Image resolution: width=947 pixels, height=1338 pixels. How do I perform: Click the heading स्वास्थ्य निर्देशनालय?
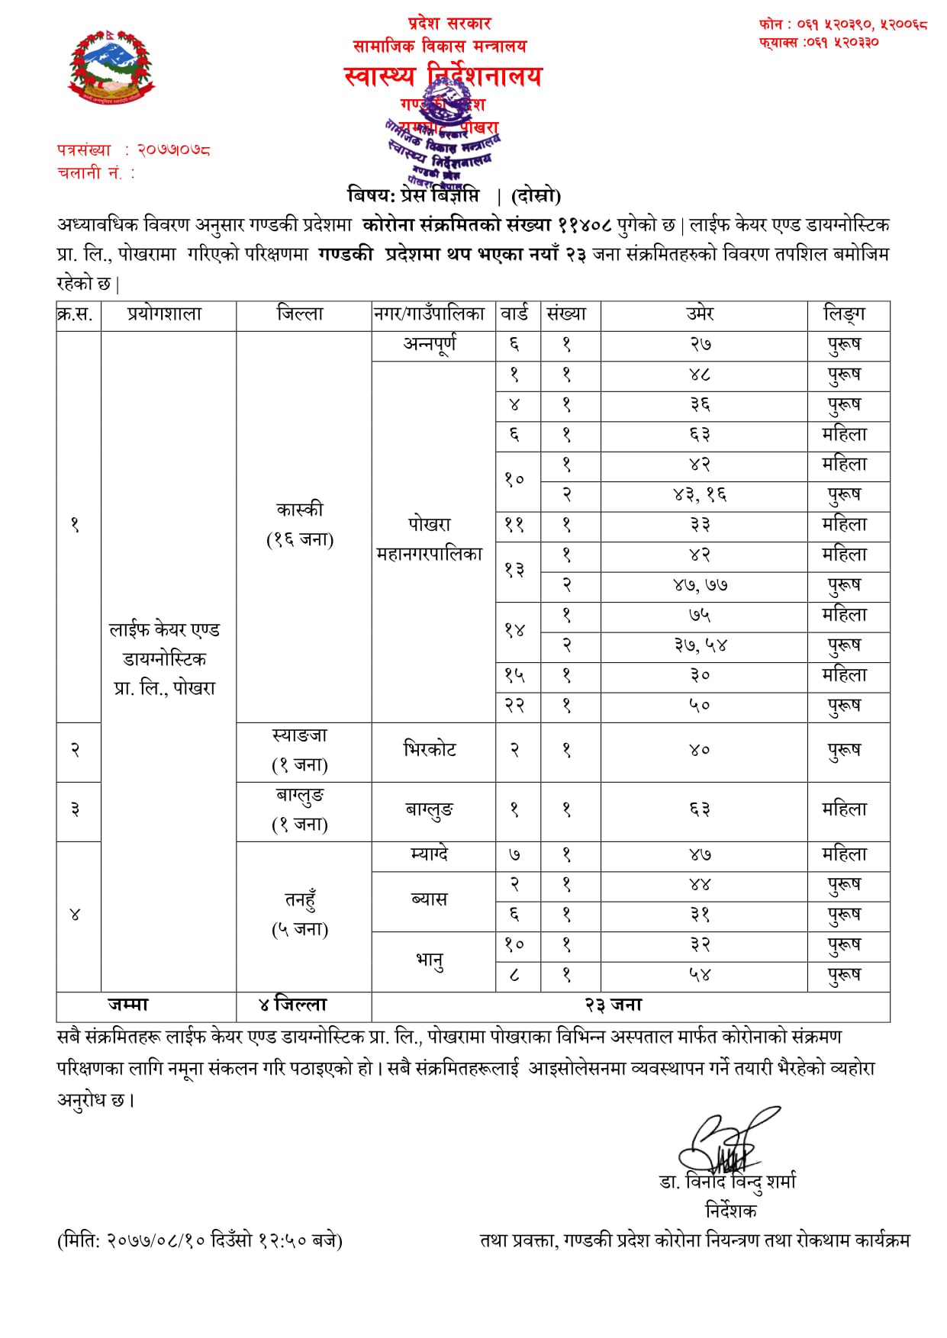443,76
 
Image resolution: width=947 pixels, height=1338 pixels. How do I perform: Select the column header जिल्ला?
300,314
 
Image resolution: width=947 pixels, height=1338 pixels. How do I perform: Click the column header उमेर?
701,314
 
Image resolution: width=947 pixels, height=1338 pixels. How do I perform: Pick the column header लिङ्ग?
845,314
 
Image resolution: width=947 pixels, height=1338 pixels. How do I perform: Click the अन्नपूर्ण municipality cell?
430,345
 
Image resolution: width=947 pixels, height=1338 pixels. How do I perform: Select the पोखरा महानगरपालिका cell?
430,539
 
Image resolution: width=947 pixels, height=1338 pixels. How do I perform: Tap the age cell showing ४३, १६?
701,495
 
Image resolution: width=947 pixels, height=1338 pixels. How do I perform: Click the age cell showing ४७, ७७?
701,585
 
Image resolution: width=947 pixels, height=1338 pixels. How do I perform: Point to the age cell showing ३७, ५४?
701,645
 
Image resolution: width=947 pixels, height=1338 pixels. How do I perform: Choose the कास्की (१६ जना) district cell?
300,524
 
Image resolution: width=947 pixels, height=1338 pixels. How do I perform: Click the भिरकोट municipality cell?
430,750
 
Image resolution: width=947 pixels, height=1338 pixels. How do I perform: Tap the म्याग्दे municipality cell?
430,854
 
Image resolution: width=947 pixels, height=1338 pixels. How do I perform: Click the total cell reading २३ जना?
614,1005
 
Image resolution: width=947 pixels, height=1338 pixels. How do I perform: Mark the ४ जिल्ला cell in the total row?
293,1005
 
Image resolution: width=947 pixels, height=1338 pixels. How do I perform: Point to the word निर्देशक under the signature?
730,1211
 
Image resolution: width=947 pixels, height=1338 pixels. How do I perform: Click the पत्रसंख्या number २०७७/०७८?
174,150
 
